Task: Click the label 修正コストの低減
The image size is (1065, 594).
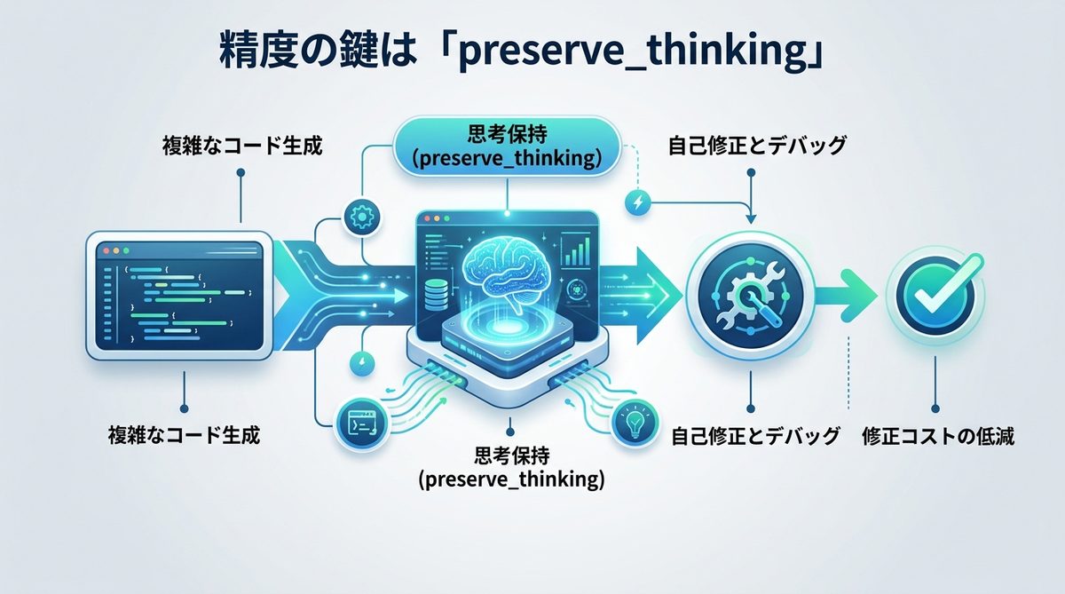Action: pos(937,436)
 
